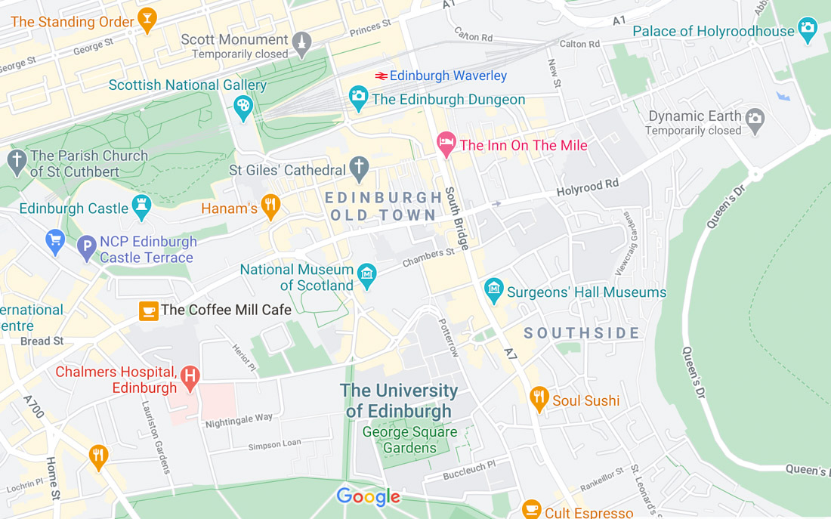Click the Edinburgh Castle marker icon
click(x=141, y=206)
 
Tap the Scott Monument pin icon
click(x=301, y=42)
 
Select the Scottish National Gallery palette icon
click(x=243, y=106)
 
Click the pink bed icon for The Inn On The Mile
click(x=446, y=143)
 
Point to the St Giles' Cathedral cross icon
click(x=359, y=168)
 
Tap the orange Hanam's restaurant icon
click(x=270, y=205)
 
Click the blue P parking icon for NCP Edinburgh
click(x=87, y=246)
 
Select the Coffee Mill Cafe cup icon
click(x=149, y=310)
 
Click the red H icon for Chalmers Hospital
click(x=190, y=375)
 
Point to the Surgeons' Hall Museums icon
click(x=494, y=289)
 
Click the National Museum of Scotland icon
click(x=367, y=274)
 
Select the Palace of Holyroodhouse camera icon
click(x=808, y=29)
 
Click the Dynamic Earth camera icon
click(x=755, y=118)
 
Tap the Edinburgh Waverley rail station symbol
click(x=382, y=76)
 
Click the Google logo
click(x=369, y=496)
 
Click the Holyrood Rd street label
click(x=588, y=187)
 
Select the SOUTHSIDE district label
click(x=582, y=333)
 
